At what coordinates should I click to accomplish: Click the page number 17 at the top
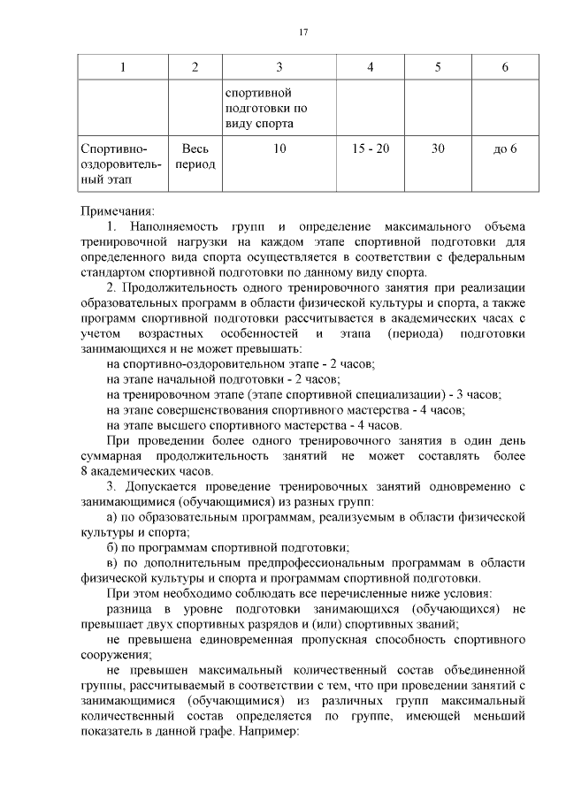tap(302, 33)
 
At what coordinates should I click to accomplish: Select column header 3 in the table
tap(279, 68)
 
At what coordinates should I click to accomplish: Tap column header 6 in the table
tap(505, 68)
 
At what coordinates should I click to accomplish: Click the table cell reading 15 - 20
tap(370, 149)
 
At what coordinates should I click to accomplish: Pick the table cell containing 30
tap(438, 149)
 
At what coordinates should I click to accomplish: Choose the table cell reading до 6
tap(505, 149)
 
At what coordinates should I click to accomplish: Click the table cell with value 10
tap(279, 149)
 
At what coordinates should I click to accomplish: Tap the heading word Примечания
tap(117, 211)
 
